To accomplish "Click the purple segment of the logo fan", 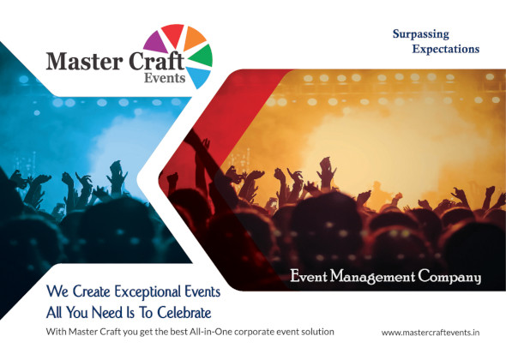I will coord(155,39).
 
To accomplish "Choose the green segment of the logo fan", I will coord(201,56).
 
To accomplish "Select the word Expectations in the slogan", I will coord(445,49).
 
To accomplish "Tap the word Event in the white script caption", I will coord(309,277).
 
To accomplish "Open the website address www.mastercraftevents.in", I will coord(431,331).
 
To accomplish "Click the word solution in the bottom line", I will coord(314,330).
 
